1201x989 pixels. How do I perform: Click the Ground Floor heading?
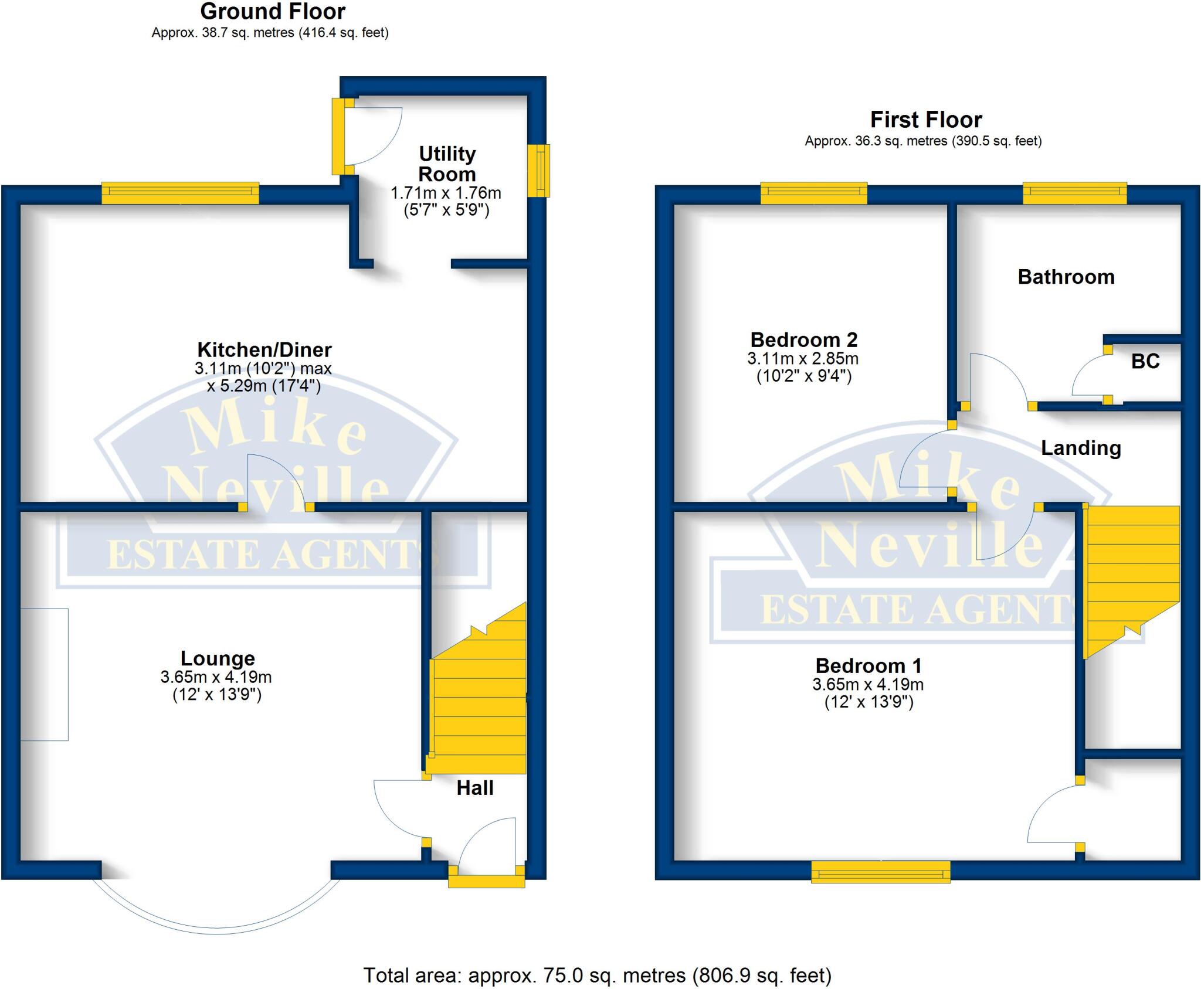click(x=273, y=12)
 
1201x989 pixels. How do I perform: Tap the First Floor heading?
click(x=925, y=120)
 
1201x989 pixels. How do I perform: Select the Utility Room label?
click(x=447, y=164)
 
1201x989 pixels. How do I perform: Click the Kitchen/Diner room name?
click(x=264, y=350)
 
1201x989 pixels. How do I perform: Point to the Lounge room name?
click(x=218, y=658)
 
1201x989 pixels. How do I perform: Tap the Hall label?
click(x=475, y=788)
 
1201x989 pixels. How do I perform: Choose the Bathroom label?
click(x=1066, y=277)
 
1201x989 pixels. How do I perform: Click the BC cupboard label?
click(x=1145, y=361)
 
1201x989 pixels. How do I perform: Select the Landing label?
click(x=1081, y=448)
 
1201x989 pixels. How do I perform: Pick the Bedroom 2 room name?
click(x=803, y=339)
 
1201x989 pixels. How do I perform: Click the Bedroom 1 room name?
click(x=868, y=665)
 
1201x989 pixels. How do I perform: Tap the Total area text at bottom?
click(x=597, y=976)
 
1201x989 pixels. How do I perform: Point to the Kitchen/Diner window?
click(x=180, y=193)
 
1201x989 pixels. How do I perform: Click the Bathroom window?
click(x=1074, y=193)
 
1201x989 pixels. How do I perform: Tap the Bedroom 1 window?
click(x=880, y=872)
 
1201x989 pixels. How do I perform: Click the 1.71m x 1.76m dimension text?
click(x=446, y=193)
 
